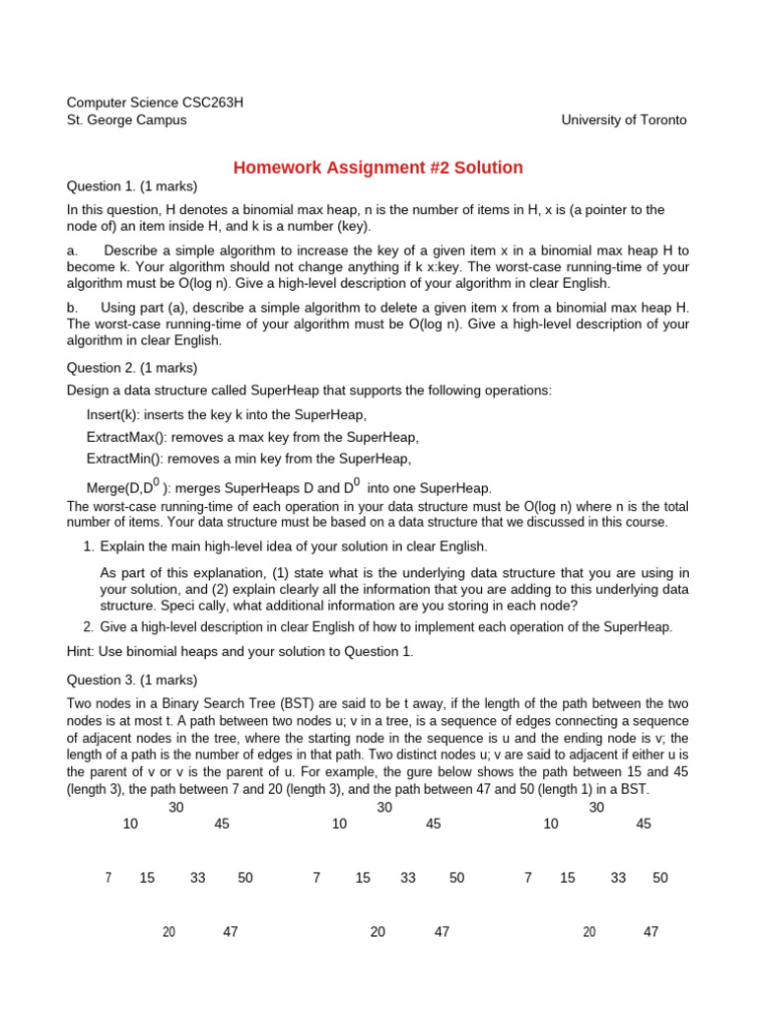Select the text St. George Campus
[x=126, y=119]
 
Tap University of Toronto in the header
[x=624, y=119]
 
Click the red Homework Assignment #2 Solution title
[x=378, y=168]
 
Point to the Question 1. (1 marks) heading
[x=131, y=186]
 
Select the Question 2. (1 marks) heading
[x=131, y=367]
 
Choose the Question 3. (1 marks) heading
[x=131, y=680]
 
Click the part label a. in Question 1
[x=72, y=251]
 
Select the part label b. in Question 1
[x=72, y=308]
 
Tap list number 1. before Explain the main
[x=89, y=545]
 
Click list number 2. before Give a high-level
[x=89, y=626]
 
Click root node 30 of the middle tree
[x=385, y=807]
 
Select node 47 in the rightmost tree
[x=651, y=931]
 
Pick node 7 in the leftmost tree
[x=107, y=878]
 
